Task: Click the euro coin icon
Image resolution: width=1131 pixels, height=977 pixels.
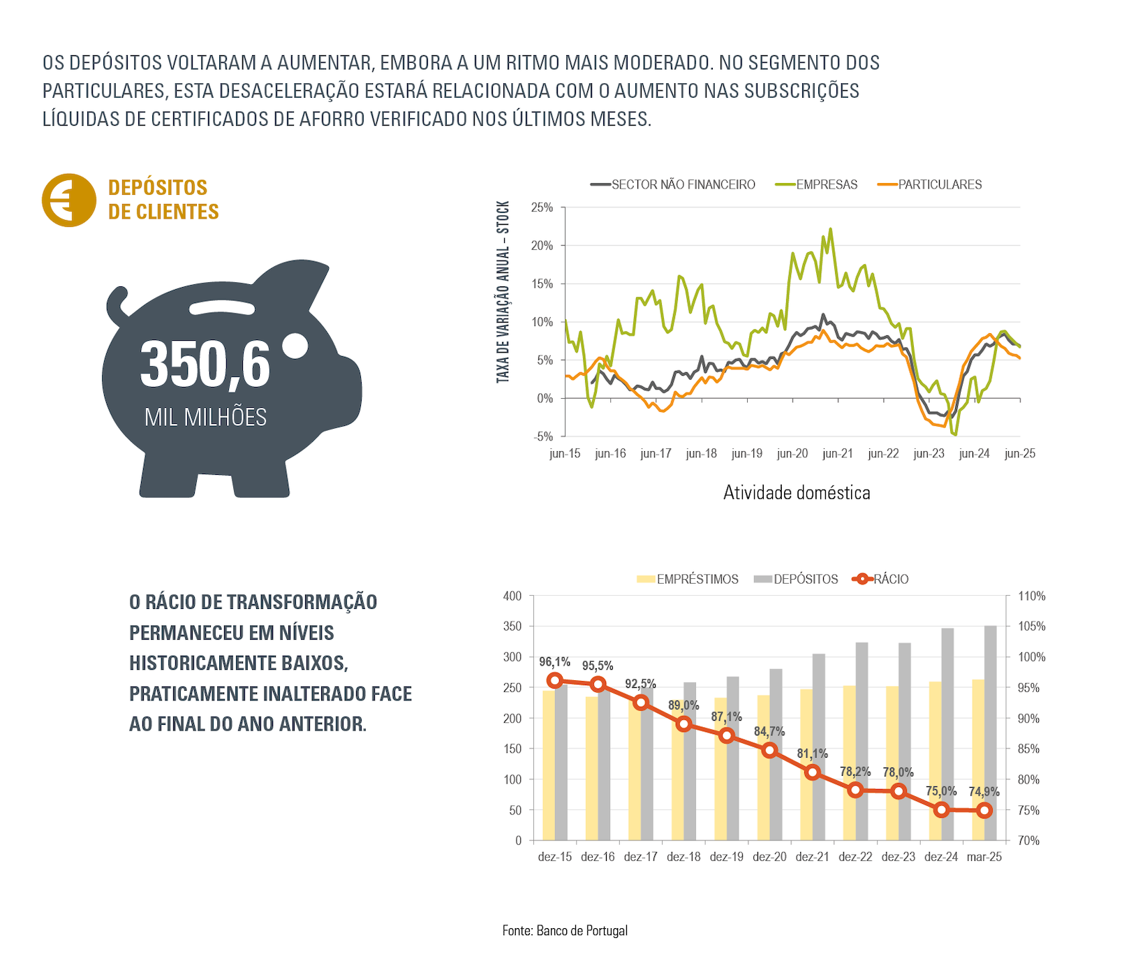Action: point(68,200)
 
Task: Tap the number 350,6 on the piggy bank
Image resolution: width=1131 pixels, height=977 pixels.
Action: point(205,365)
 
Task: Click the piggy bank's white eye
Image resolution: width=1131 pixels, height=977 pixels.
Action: point(296,345)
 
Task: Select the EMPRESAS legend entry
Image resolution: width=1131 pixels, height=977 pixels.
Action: point(826,184)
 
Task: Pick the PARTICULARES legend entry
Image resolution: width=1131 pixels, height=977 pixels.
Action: point(939,184)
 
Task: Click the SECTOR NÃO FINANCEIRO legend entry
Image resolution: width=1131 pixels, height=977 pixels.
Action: point(683,184)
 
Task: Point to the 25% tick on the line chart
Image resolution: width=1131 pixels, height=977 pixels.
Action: point(542,207)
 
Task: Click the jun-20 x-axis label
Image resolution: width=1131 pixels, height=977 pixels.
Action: point(792,453)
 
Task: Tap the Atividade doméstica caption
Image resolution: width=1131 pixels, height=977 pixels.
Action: point(797,492)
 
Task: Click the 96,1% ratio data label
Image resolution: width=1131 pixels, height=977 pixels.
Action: point(554,661)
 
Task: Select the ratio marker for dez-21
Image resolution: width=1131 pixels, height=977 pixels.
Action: point(812,772)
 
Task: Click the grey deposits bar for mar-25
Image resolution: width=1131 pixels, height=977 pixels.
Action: point(991,733)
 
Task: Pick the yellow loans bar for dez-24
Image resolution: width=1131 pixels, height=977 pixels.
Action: point(935,761)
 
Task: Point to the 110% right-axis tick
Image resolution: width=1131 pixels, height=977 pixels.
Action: point(1031,596)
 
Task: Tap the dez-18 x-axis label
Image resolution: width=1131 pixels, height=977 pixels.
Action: point(683,857)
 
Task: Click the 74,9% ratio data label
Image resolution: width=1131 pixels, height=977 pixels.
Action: point(984,791)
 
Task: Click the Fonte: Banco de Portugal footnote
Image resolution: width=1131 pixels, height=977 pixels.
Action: point(565,930)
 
